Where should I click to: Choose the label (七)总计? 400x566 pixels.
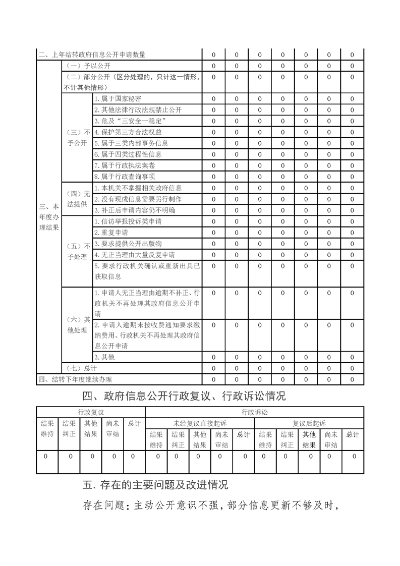81,368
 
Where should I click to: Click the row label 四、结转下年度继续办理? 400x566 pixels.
75,379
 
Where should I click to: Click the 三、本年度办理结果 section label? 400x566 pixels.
49,216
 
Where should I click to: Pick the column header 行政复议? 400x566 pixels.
91,412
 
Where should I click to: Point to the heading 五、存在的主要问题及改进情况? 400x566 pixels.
155,485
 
